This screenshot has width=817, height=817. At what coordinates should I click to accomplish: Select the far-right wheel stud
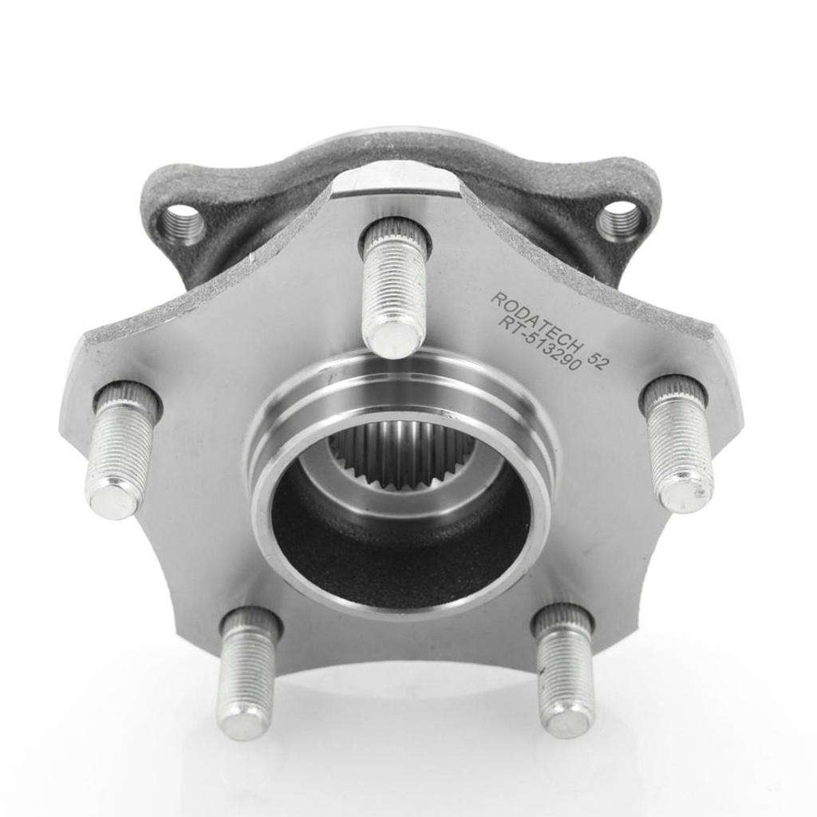(x=676, y=436)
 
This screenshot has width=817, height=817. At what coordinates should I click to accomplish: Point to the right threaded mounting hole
(x=619, y=223)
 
